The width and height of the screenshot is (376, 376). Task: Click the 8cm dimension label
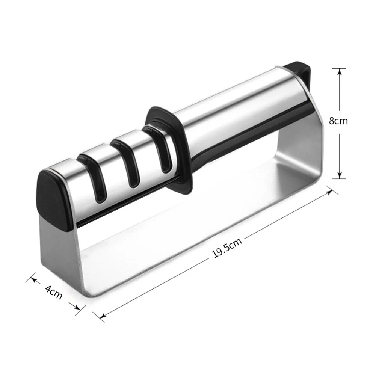338,121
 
